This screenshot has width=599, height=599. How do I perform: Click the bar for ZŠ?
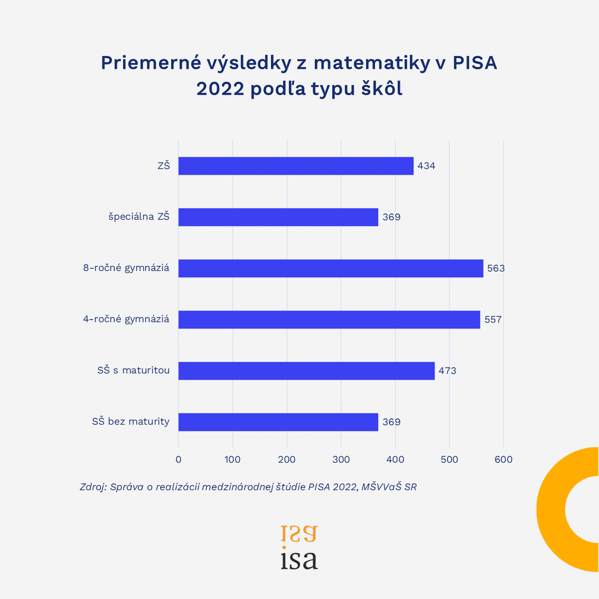pos(296,166)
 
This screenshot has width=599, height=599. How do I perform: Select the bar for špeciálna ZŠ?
pos(278,217)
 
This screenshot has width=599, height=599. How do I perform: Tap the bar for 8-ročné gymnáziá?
pos(331,268)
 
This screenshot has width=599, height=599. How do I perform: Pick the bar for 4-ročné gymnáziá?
pos(329,320)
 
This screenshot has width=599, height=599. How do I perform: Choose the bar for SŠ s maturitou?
pos(306,371)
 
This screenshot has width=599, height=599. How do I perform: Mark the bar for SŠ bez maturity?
pos(278,422)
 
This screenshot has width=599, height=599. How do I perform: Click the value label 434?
pos(426,166)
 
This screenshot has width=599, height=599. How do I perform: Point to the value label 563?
pos(496,268)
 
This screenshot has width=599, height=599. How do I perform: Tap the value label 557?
pos(493,320)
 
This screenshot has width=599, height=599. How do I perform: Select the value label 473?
pos(447,371)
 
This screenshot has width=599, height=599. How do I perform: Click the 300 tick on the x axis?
pos(341,460)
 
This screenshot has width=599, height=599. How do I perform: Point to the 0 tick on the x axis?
pos(179,460)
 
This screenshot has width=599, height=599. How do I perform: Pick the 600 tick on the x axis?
pos(503,460)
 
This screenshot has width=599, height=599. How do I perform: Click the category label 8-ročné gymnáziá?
pos(126,268)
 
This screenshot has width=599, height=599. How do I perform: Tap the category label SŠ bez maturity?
pos(130,422)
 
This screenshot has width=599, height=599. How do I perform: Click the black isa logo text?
pos(299,560)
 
